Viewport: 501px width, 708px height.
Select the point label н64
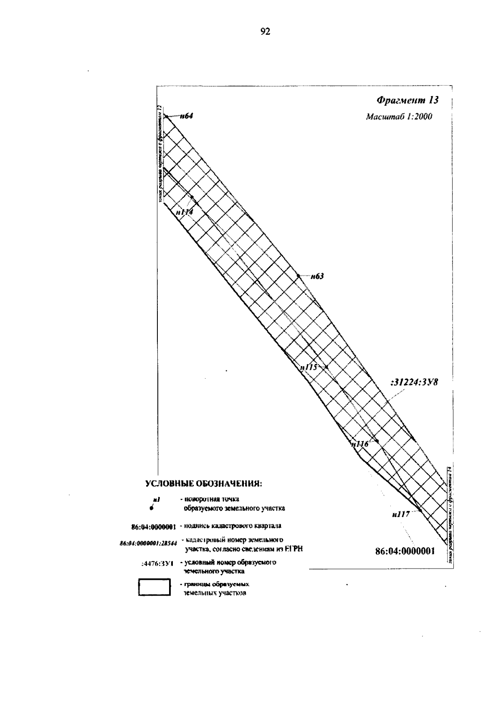pos(186,116)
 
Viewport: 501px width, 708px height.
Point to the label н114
pos(184,212)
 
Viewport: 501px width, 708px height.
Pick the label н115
pos(309,367)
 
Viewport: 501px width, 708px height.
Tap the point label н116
pos(360,444)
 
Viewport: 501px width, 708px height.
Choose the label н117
pos(401,515)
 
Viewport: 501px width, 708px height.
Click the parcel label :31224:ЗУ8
pos(414,382)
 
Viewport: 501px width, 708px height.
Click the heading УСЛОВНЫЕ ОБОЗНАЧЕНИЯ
pos(203,484)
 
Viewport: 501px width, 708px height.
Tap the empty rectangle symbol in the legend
pos(154,587)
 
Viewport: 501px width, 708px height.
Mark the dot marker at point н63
pos(298,276)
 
